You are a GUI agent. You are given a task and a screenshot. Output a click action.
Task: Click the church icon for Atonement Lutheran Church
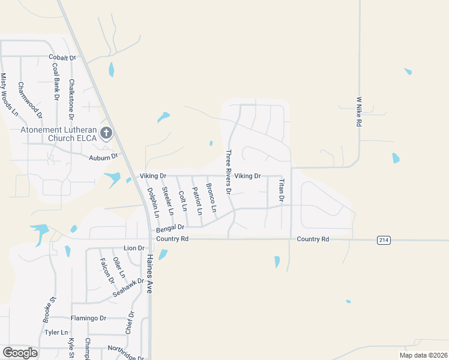[106, 133]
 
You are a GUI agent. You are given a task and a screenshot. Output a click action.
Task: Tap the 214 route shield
[384, 239]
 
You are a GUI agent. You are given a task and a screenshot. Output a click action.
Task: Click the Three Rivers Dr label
[228, 172]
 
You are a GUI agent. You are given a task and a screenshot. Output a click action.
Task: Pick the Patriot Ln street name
[196, 201]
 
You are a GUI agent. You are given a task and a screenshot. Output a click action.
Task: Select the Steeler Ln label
[167, 202]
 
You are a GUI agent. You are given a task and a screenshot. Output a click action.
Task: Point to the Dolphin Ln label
[153, 202]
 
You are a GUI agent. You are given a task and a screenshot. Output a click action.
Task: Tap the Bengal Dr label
[170, 229]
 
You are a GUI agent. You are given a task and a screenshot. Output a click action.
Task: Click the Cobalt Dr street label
[63, 58]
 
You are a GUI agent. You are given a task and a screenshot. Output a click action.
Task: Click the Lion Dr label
[134, 248]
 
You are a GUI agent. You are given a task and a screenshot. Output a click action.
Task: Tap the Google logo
[20, 353]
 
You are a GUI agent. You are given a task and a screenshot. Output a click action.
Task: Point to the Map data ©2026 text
[423, 355]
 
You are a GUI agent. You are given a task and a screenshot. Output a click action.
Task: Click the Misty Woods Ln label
[9, 94]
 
